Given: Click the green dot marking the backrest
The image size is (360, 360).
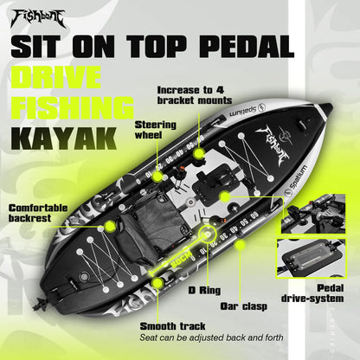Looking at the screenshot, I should click(x=111, y=227).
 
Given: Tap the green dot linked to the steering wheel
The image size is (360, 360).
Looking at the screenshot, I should click(x=198, y=154).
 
